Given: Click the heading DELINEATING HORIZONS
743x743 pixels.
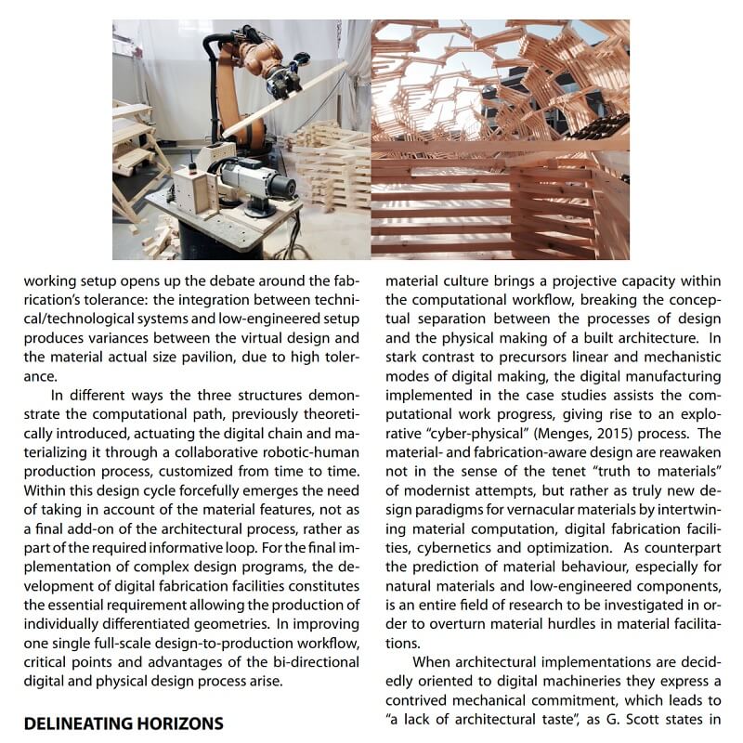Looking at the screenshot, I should click(x=124, y=723).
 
